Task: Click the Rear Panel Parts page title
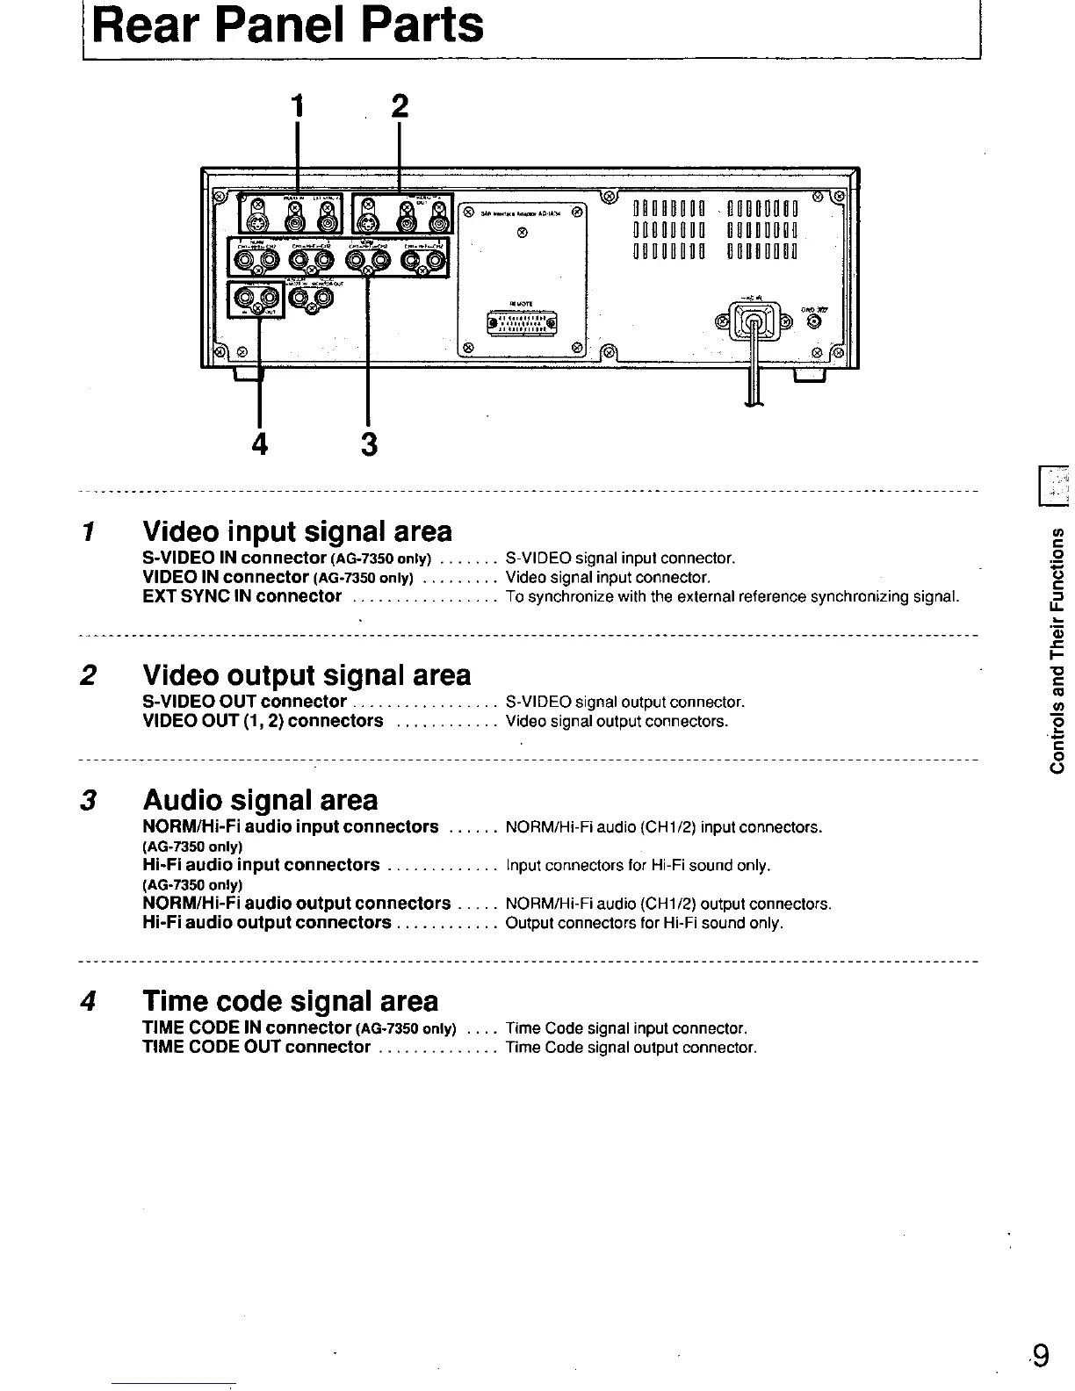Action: pyautogui.click(x=288, y=25)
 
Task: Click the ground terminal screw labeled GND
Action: pyautogui.click(x=814, y=321)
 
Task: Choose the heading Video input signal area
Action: pyautogui.click(x=297, y=531)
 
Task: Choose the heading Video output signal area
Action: pyautogui.click(x=307, y=674)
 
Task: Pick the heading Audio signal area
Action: pyautogui.click(x=260, y=800)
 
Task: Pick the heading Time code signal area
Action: pyautogui.click(x=290, y=1001)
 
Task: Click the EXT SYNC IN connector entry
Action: pyautogui.click(x=242, y=597)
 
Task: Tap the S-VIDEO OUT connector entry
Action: pyautogui.click(x=244, y=702)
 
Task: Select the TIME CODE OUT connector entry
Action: pyautogui.click(x=256, y=1047)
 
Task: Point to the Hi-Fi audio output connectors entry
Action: pyautogui.click(x=266, y=923)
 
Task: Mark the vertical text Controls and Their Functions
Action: pyautogui.click(x=1058, y=650)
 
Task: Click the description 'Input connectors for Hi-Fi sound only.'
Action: pyautogui.click(x=639, y=866)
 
